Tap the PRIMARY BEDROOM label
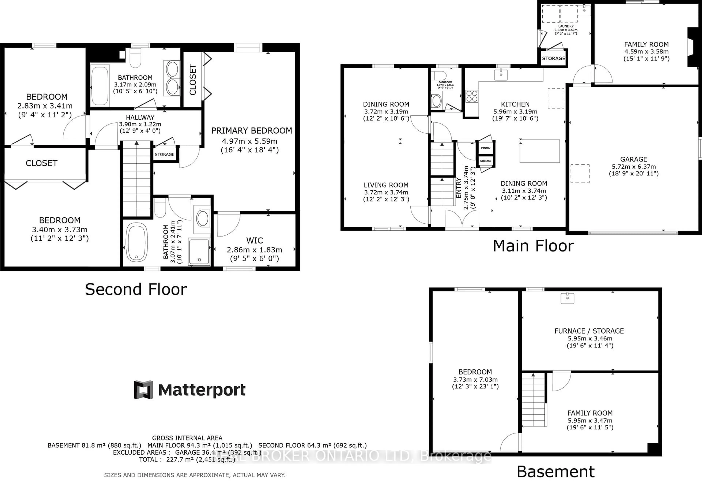252,131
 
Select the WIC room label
255,241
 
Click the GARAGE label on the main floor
633,159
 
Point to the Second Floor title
136,289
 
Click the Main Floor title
533,246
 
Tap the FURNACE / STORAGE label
589,331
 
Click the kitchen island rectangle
539,151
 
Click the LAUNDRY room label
566,26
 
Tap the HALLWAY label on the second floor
140,117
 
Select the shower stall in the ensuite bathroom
199,252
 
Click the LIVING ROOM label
386,185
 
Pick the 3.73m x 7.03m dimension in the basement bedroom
475,380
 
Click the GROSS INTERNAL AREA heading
187,438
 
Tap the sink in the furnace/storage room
567,298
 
